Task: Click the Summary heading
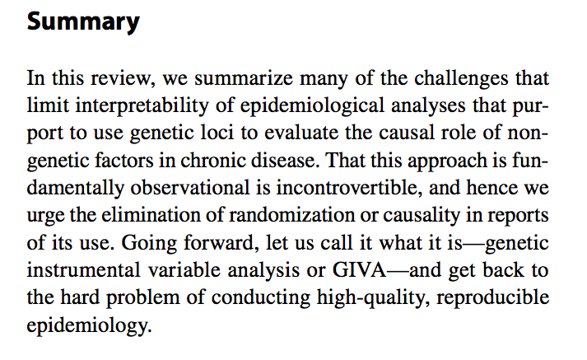(x=83, y=22)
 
